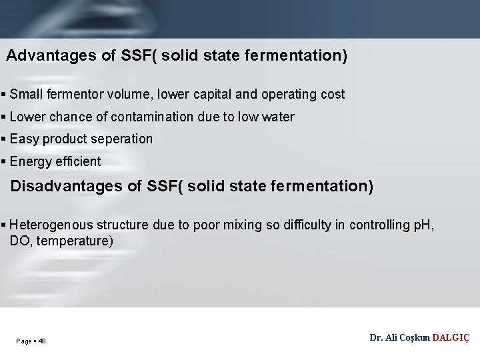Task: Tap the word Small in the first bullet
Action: tap(26, 95)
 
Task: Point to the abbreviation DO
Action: tap(19, 241)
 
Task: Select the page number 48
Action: tap(42, 341)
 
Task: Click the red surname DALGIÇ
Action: tap(451, 338)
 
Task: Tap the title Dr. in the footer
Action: tap(376, 338)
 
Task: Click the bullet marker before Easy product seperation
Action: tap(4, 139)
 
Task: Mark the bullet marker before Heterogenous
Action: tap(4, 225)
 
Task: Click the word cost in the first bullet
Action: tap(333, 95)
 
